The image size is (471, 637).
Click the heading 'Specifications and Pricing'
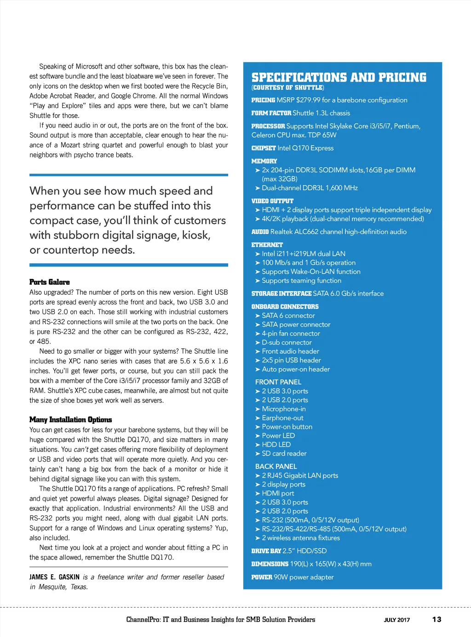[339, 77]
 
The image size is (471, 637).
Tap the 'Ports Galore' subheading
[50, 282]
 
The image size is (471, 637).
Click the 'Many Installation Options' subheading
[71, 420]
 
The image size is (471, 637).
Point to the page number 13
[437, 619]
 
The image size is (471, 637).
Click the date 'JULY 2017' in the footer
[397, 620]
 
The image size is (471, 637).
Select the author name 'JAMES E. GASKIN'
[54, 577]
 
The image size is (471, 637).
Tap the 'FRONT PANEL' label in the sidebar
[278, 382]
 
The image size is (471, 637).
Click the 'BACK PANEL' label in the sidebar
[276, 466]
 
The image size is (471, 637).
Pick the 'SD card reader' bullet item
[284, 453]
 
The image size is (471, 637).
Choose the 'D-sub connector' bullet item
[287, 342]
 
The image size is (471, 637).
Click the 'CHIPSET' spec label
[264, 148]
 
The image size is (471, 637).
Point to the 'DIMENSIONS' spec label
[270, 564]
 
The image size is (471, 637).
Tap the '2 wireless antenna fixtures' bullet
[301, 538]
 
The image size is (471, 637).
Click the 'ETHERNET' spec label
[267, 245]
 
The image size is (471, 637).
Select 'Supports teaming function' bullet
[301, 281]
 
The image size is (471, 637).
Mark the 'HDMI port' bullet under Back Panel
[278, 493]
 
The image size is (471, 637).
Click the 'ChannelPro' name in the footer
[143, 619]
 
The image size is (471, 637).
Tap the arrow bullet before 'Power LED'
[258, 436]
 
